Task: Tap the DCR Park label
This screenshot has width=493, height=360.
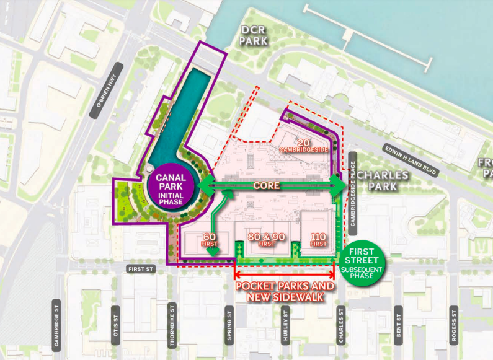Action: pos(254,35)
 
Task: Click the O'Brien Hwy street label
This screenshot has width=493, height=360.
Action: pos(107,100)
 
